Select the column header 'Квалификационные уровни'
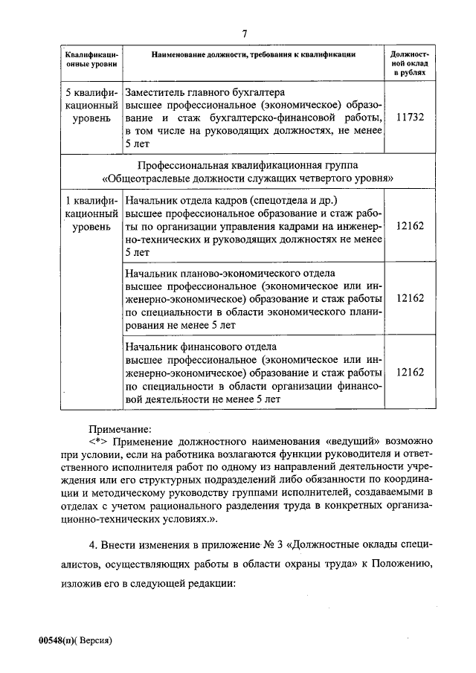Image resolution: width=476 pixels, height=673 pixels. pyautogui.click(x=91, y=60)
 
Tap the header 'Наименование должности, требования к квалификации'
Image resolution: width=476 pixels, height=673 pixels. pyautogui.click(x=253, y=55)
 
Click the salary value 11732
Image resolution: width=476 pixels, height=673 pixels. pyautogui.click(x=410, y=117)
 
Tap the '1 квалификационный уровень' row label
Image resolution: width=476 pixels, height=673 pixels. pyautogui.click(x=91, y=213)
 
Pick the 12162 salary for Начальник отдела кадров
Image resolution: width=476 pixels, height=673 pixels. pyautogui.click(x=410, y=225)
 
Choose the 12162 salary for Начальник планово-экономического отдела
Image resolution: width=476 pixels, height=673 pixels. pyautogui.click(x=410, y=297)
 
